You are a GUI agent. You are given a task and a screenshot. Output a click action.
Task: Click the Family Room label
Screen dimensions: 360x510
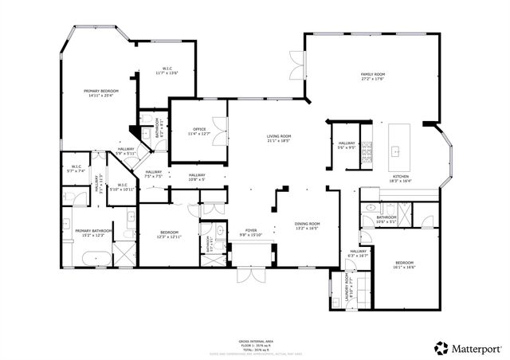(372, 76)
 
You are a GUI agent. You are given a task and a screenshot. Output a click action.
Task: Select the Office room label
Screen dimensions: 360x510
(199, 131)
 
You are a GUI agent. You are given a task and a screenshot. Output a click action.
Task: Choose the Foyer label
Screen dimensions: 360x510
(251, 233)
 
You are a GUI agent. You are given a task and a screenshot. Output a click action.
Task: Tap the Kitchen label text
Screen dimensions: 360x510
(400, 178)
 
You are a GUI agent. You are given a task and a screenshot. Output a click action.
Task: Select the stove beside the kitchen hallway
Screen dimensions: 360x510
(367, 150)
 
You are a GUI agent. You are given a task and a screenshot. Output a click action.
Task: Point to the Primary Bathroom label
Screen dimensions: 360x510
(90, 233)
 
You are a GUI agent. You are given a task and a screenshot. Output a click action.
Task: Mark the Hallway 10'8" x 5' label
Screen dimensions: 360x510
(197, 177)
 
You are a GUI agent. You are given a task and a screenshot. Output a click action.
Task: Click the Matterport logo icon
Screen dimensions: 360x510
(440, 347)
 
